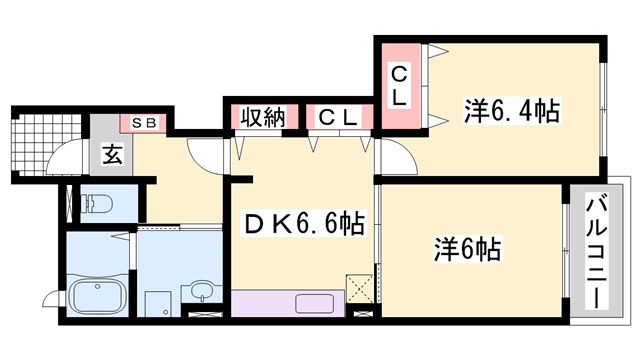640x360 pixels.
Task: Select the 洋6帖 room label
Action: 467,246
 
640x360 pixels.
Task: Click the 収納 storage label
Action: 263,117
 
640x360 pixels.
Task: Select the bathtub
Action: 95,296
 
